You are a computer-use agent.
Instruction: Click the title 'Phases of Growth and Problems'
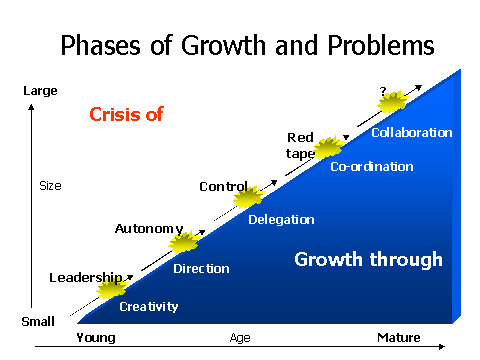pos(247,46)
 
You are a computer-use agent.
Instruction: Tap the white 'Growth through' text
pos(368,260)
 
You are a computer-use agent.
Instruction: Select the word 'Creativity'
pos(149,307)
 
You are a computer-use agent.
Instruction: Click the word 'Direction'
pos(201,268)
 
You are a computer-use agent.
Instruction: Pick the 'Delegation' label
pos(281,220)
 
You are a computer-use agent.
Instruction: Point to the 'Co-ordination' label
pos(371,167)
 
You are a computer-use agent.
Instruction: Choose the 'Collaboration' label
pos(411,132)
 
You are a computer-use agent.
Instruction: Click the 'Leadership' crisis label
pos(85,277)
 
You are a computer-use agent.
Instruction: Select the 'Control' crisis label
pos(223,186)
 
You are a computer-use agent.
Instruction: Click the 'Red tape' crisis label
pos(301,145)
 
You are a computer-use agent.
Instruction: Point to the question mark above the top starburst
pos(382,91)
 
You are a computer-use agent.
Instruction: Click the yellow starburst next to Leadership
pos(111,290)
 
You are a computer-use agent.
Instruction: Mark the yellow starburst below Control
pos(249,198)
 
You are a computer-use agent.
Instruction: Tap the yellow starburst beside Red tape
pos(328,149)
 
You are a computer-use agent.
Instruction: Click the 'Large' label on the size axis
pos(40,91)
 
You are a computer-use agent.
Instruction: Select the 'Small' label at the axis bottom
pos(39,322)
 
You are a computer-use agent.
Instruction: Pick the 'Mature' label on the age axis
pos(398,338)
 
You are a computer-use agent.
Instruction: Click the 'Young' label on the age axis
pos(96,338)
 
